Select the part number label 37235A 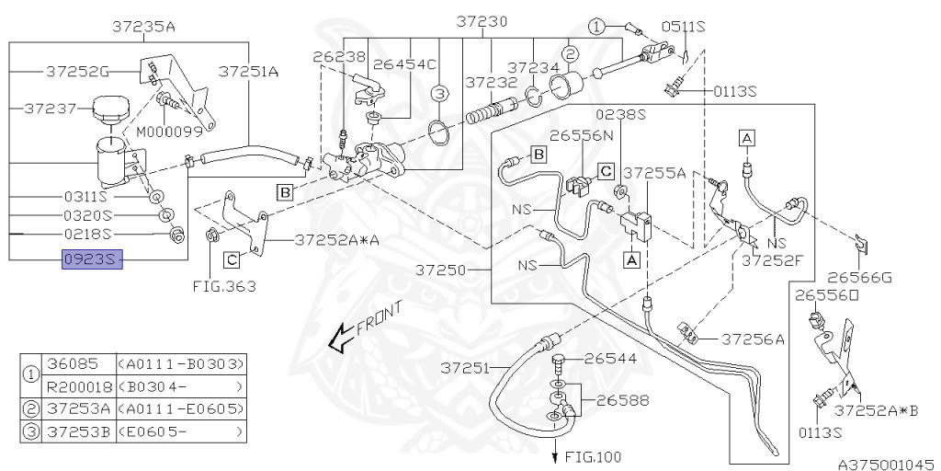(x=143, y=27)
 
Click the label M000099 (x=170, y=131)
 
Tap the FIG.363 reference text (x=224, y=286)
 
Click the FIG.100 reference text (x=592, y=455)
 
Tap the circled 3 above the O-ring (x=440, y=94)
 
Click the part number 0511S (x=686, y=28)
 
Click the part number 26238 (x=333, y=57)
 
